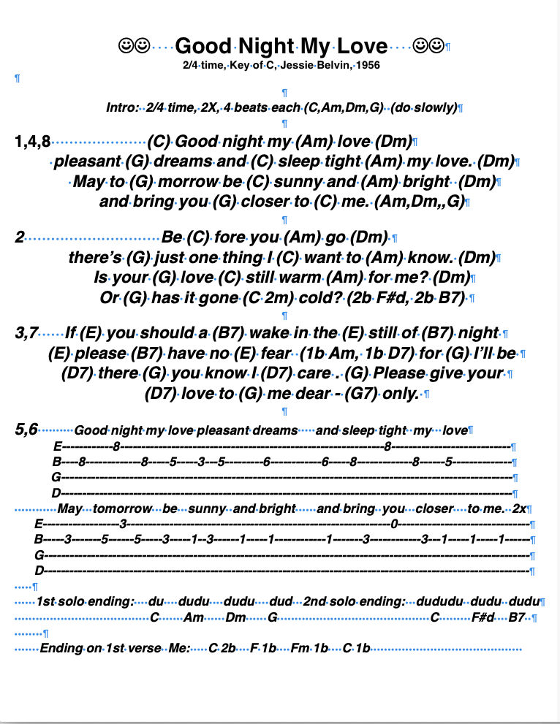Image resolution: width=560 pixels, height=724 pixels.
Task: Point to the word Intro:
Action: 122,107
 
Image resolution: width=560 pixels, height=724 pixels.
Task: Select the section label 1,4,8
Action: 32,141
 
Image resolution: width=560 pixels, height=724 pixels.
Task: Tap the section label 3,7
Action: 26,333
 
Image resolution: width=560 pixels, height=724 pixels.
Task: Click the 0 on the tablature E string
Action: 394,524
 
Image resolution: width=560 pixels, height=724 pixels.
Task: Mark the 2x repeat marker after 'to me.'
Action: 520,508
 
